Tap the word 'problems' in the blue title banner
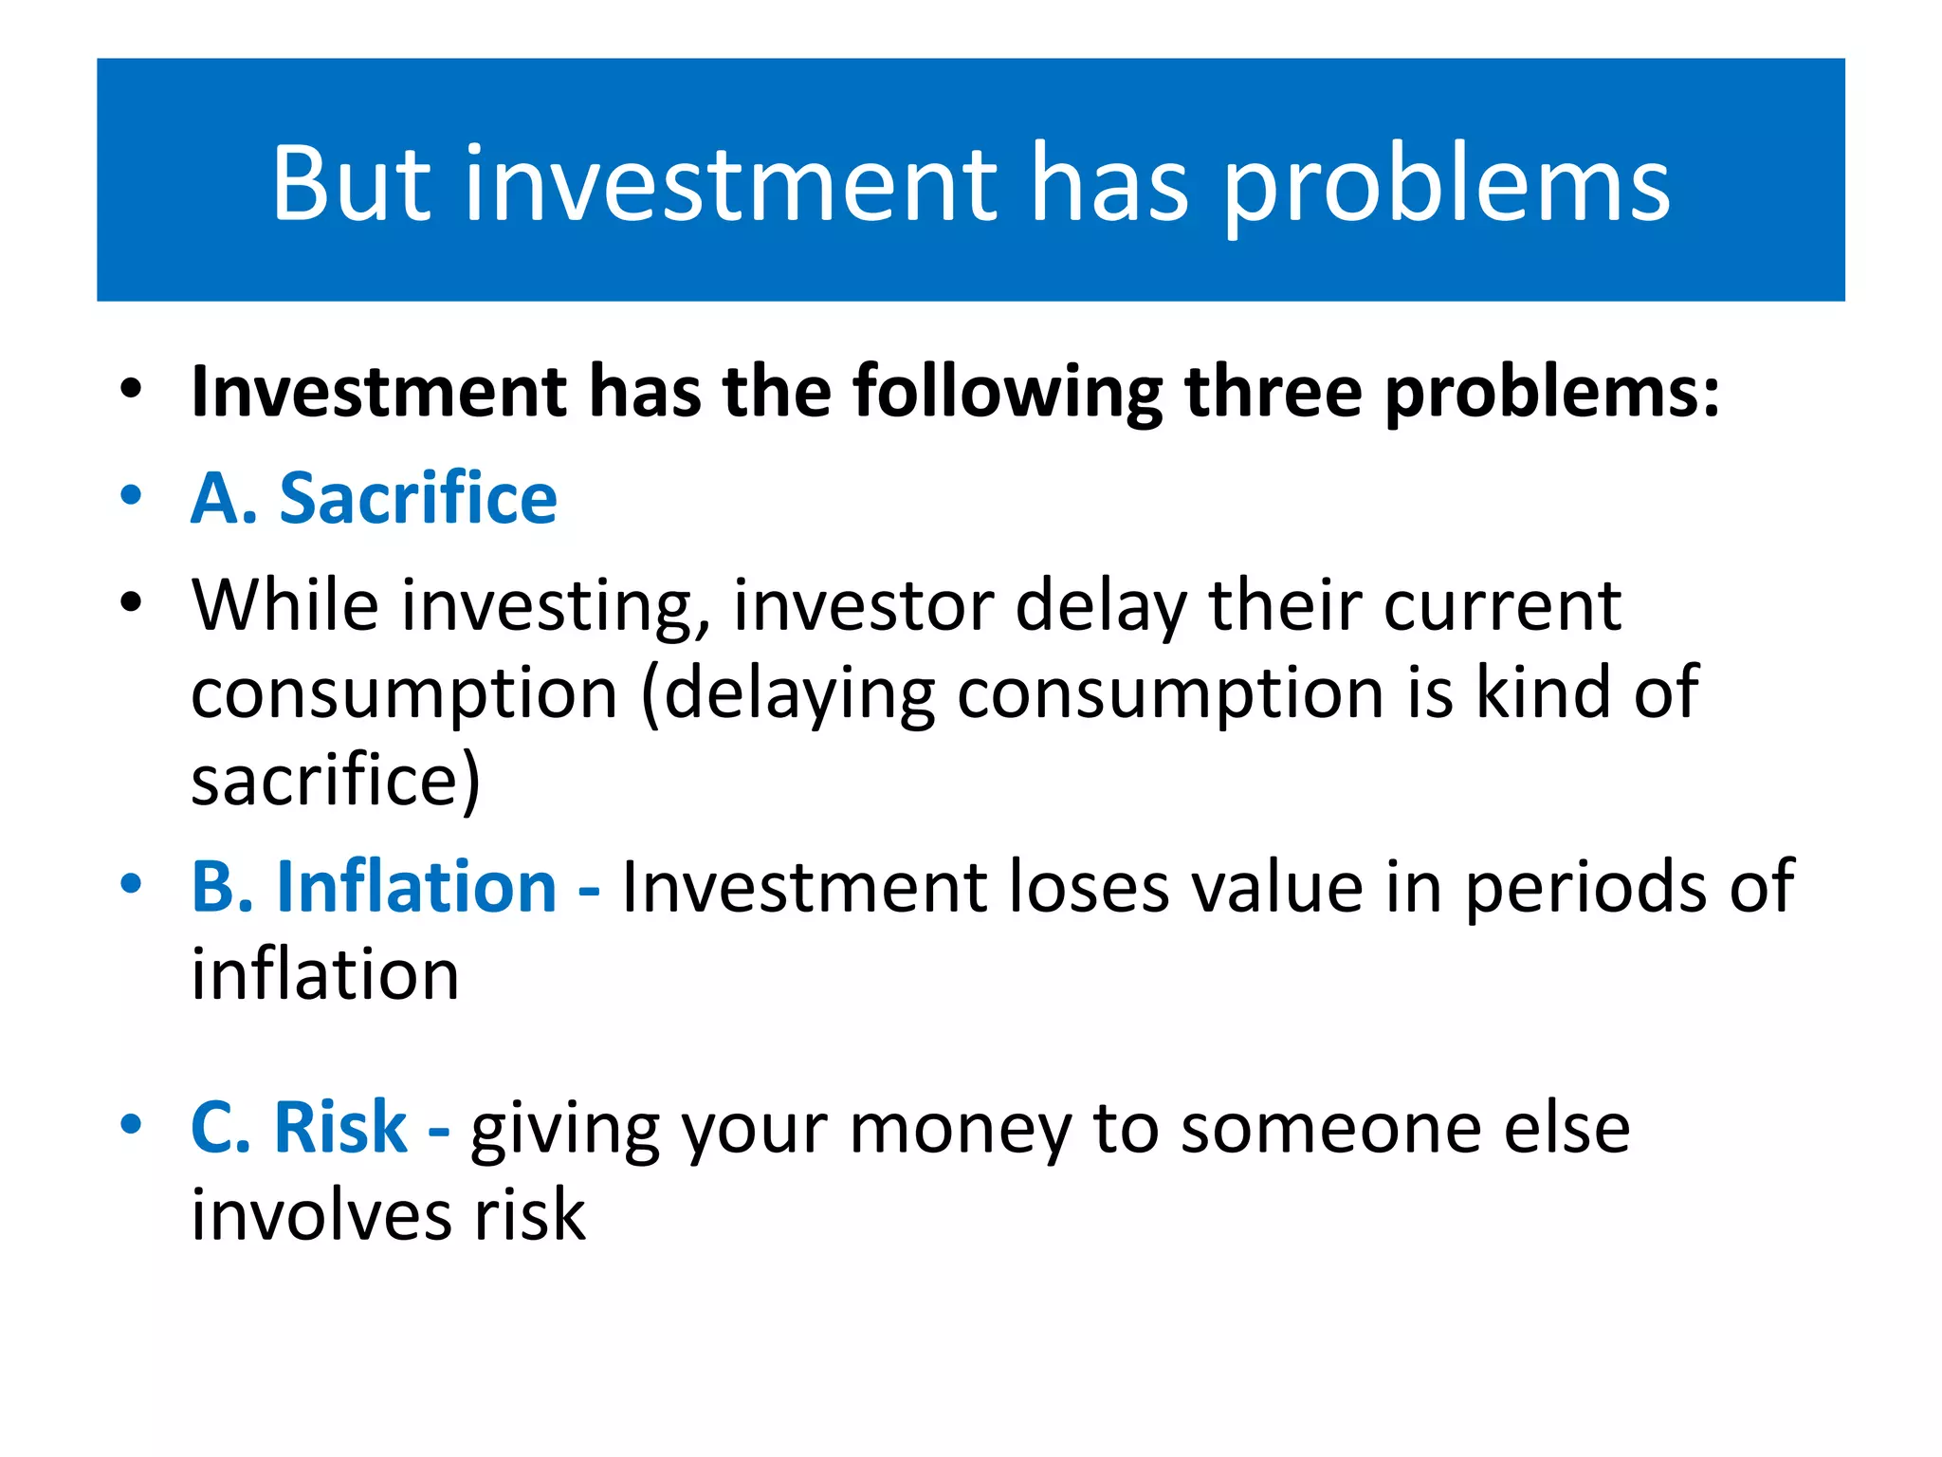click(x=1446, y=185)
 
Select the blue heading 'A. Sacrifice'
click(x=374, y=498)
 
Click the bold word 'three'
click(x=1273, y=391)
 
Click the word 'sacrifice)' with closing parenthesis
click(x=336, y=780)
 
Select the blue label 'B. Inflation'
click(x=374, y=886)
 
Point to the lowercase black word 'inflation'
click(x=325, y=974)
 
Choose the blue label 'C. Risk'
click(x=299, y=1127)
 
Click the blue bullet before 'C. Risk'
click(x=131, y=1125)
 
